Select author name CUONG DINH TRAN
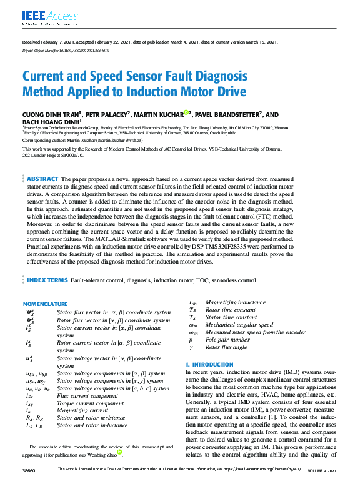[x=50, y=114]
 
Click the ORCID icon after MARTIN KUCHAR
[x=186, y=113]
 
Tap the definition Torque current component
[x=86, y=403]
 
